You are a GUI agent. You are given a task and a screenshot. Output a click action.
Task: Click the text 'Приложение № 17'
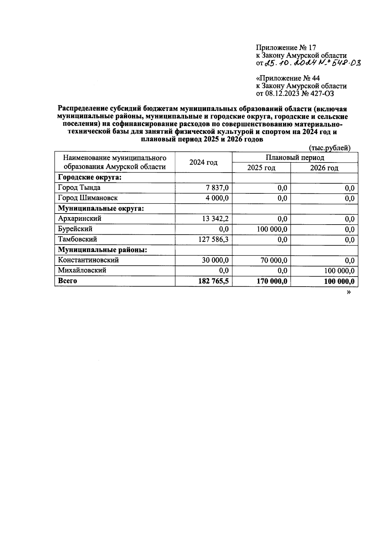point(286,48)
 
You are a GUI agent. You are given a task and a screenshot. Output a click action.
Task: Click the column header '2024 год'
point(203,162)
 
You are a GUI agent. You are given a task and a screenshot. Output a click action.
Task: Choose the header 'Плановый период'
point(295,157)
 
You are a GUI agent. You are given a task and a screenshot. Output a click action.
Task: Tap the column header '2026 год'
point(324,168)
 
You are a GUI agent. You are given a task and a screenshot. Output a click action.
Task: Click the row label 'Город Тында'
point(79,188)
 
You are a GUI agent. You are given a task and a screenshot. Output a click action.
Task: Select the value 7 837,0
point(218,188)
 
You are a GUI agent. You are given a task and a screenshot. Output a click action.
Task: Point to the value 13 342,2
point(215,219)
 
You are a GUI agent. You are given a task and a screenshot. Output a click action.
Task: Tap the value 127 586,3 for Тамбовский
point(214,240)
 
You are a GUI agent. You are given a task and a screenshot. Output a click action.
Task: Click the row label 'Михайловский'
point(82,270)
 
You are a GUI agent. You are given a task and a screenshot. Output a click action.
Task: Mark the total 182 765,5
point(213,281)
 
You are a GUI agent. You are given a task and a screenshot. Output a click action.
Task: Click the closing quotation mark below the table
point(348,292)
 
